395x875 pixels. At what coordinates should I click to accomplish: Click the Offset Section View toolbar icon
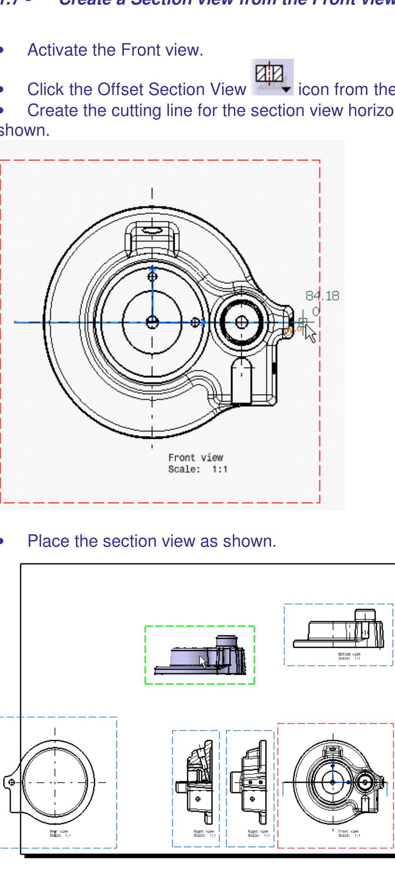click(272, 77)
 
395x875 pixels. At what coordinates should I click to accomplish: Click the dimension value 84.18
click(322, 296)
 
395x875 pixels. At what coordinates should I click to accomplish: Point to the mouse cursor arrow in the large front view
click(310, 334)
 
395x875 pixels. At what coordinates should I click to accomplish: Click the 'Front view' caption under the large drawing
click(195, 457)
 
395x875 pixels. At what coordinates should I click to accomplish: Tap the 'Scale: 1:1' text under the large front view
click(197, 469)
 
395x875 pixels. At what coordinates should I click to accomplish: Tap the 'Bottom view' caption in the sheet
click(349, 654)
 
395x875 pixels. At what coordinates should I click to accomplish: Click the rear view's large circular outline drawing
click(55, 782)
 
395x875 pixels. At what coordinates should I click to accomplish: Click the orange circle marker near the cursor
click(288, 332)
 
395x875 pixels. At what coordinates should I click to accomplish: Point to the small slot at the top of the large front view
click(152, 231)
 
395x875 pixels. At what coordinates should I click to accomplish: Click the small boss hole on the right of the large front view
click(242, 322)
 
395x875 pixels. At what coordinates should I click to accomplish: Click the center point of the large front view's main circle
click(152, 322)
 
